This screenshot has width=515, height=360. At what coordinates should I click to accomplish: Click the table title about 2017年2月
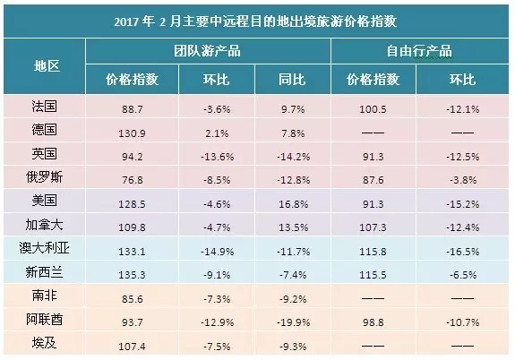255,21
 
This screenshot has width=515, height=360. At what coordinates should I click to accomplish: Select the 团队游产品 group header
207,51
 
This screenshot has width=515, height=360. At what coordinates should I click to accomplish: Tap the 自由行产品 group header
419,51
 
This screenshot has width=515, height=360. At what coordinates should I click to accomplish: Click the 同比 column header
292,80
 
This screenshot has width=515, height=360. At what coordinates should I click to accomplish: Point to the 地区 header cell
47,66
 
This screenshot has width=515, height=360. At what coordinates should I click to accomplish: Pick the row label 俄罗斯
45,177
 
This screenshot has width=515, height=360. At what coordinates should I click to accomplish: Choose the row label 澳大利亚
45,248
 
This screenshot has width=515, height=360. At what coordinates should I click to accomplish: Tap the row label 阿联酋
45,320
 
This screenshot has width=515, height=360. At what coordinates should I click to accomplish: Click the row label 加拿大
45,225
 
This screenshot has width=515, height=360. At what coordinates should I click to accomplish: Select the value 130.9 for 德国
132,133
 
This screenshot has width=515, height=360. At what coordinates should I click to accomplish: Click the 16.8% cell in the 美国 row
293,204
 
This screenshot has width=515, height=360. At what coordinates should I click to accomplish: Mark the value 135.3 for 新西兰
132,275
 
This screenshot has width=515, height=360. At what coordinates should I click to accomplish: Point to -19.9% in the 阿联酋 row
293,322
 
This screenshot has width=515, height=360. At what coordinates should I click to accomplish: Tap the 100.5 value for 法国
373,109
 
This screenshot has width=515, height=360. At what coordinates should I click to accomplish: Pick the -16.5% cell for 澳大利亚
463,252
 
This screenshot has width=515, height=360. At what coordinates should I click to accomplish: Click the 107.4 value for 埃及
132,347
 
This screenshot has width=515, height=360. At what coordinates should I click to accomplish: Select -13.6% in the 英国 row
217,157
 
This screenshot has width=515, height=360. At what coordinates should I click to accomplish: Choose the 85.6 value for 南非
132,299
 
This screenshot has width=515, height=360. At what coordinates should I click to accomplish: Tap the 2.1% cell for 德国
217,133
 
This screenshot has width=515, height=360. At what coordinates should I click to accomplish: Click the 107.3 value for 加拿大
373,227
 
